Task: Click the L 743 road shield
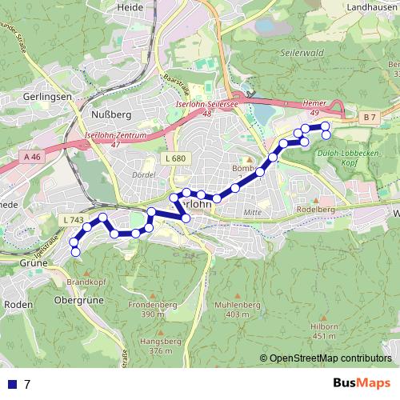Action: [x=72, y=219]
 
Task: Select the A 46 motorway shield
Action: [x=32, y=158]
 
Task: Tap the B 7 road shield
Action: [x=367, y=118]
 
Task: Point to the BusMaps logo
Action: [x=361, y=383]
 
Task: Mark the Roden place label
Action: [x=18, y=304]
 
